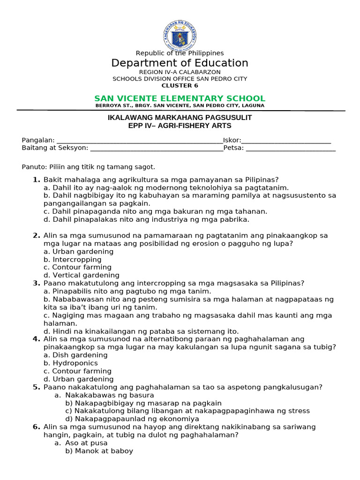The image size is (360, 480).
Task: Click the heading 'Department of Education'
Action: pos(180,63)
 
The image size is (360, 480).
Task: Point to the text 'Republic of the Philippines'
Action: pos(180,53)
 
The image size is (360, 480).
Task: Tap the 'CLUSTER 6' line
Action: pos(180,85)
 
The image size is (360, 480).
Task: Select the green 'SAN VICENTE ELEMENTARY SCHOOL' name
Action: pos(180,98)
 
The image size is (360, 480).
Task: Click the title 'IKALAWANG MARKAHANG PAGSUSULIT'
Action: pos(180,118)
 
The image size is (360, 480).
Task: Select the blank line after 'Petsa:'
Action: pos(291,149)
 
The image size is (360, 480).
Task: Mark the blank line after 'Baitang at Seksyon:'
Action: pos(157,149)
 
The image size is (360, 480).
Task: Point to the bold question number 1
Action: pos(36,180)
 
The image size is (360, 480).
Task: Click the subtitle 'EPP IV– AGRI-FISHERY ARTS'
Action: pos(180,126)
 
